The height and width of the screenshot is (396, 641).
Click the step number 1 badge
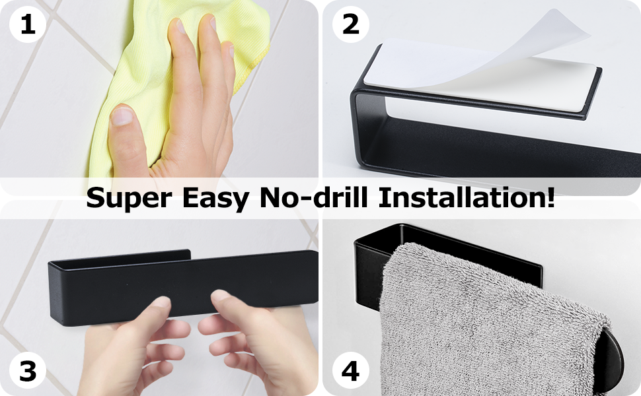click(27, 24)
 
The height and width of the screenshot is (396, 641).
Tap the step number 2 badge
click(350, 24)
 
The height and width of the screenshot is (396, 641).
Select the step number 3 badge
click(27, 371)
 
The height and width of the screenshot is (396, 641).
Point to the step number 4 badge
click(350, 371)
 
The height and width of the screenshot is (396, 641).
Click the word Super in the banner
click(129, 199)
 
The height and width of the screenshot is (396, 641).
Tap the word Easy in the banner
click(215, 199)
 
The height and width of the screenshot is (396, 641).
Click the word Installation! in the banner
click(467, 197)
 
